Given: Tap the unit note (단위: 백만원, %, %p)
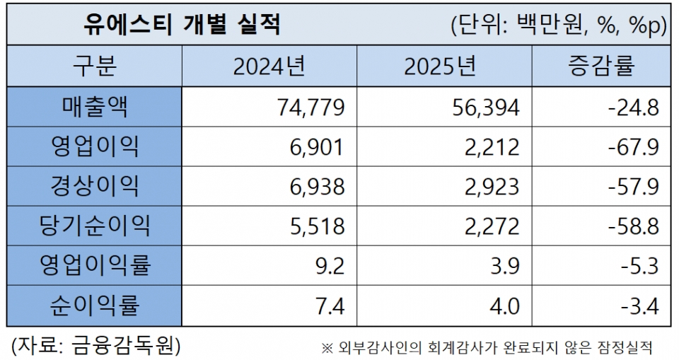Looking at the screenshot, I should point(559,26).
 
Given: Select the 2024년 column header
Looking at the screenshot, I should point(269,66).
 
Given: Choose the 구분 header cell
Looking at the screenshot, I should point(95,66).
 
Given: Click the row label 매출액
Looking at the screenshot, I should point(95,107).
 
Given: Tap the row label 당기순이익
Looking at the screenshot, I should point(95,226).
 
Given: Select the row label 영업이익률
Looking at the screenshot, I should point(95,266).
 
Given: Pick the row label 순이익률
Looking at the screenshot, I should point(95,306).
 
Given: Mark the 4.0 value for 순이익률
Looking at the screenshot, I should point(504,307).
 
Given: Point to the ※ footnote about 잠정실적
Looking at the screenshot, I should point(486,347).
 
